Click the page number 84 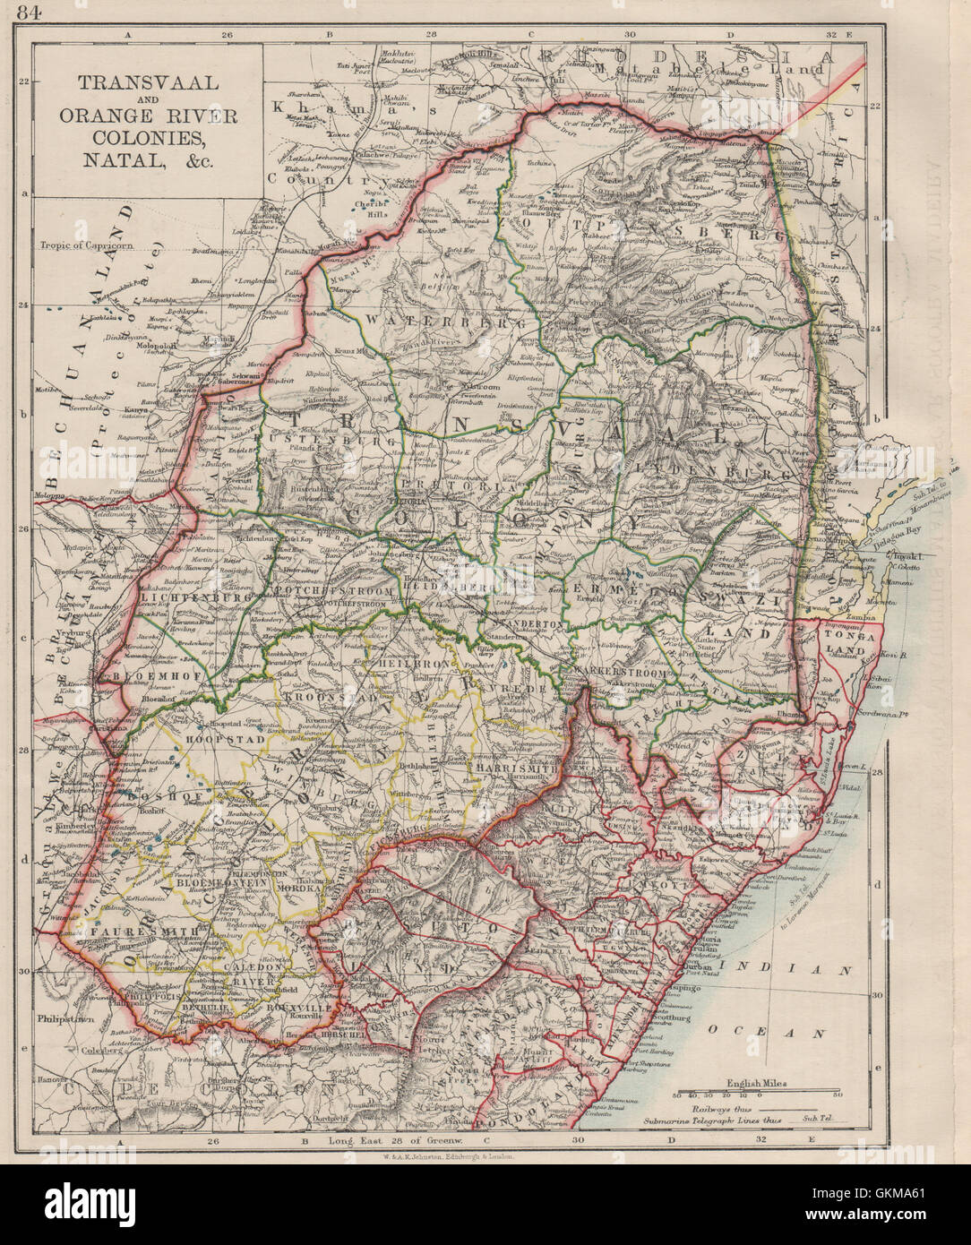(x=17, y=12)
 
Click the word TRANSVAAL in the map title (x=147, y=82)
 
